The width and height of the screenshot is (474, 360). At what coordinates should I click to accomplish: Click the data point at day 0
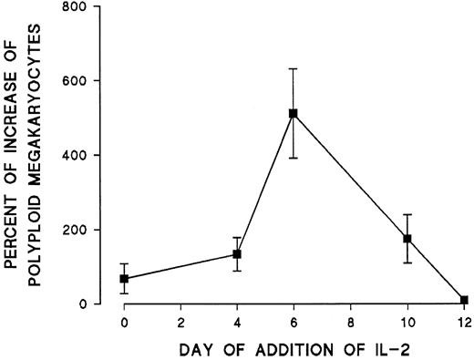tap(124, 278)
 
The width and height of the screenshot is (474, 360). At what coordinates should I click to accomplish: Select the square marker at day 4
tap(237, 254)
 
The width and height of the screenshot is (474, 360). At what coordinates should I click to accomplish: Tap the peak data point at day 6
tap(294, 114)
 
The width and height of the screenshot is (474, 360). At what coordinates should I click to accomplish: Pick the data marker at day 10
tap(407, 239)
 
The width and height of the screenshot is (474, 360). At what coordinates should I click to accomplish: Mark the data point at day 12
tap(463, 300)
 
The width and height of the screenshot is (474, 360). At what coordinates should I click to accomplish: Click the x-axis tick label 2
tap(180, 320)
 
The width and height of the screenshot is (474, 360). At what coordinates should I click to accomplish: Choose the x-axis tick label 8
tap(350, 320)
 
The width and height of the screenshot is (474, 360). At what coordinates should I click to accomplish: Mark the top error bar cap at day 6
tap(294, 68)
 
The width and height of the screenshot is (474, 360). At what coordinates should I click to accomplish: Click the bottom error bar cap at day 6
tap(294, 158)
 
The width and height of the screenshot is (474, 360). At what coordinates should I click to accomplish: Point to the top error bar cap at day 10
tap(407, 215)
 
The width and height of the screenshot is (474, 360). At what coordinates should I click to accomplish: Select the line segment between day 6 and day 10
tap(350, 177)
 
